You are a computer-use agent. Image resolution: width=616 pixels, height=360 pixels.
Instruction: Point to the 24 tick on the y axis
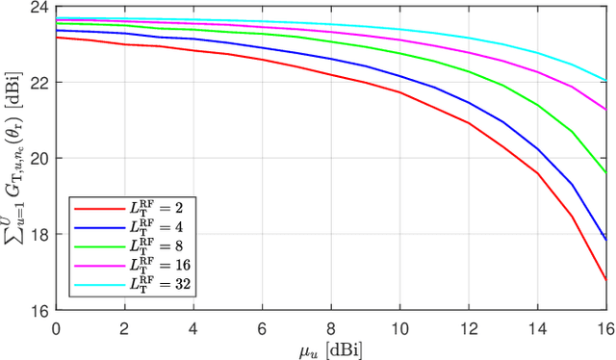(41, 7)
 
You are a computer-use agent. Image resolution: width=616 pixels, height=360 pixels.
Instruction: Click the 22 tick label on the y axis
(41, 83)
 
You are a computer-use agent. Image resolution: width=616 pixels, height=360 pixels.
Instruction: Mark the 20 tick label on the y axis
(41, 159)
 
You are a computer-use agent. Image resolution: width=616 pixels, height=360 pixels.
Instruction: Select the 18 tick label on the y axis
(41, 235)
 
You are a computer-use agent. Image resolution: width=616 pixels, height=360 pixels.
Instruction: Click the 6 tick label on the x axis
(262, 324)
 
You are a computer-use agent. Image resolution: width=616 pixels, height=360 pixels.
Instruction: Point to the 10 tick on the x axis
(399, 324)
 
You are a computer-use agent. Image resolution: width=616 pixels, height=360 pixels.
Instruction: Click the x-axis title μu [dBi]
(330, 347)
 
